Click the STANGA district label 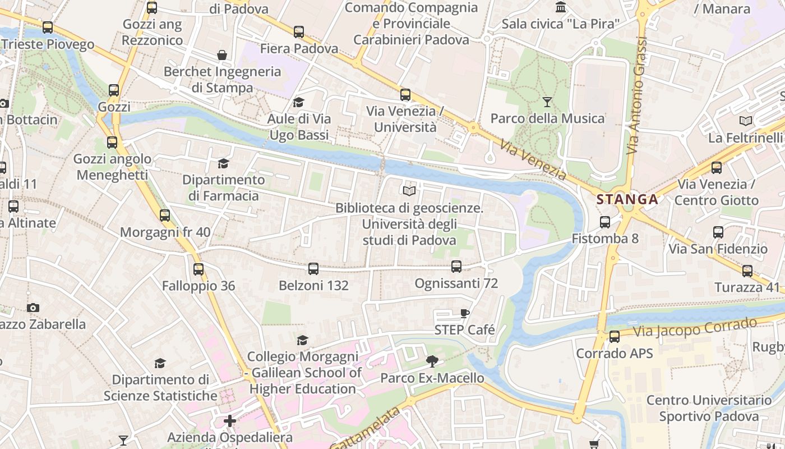(x=627, y=199)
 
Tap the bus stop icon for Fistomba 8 (x=605, y=222)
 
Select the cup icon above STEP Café (x=464, y=313)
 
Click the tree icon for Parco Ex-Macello (x=432, y=361)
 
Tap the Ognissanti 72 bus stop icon (x=456, y=267)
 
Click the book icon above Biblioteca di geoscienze (x=409, y=191)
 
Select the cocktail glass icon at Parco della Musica (x=547, y=102)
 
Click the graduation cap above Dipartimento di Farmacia (x=223, y=163)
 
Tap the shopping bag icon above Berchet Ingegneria (x=222, y=55)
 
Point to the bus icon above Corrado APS (x=615, y=337)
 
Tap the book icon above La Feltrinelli (x=745, y=121)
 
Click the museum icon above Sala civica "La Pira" (x=561, y=7)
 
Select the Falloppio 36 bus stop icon (x=198, y=269)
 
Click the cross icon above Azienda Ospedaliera (x=230, y=420)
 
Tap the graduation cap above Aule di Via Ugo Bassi (x=298, y=102)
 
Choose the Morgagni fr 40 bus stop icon (x=165, y=216)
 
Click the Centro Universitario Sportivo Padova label (x=709, y=408)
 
